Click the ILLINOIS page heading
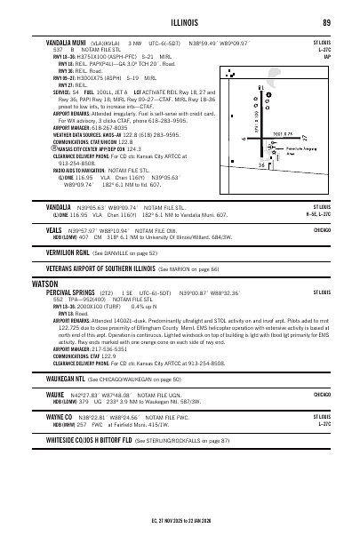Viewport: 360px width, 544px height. [180, 22]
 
